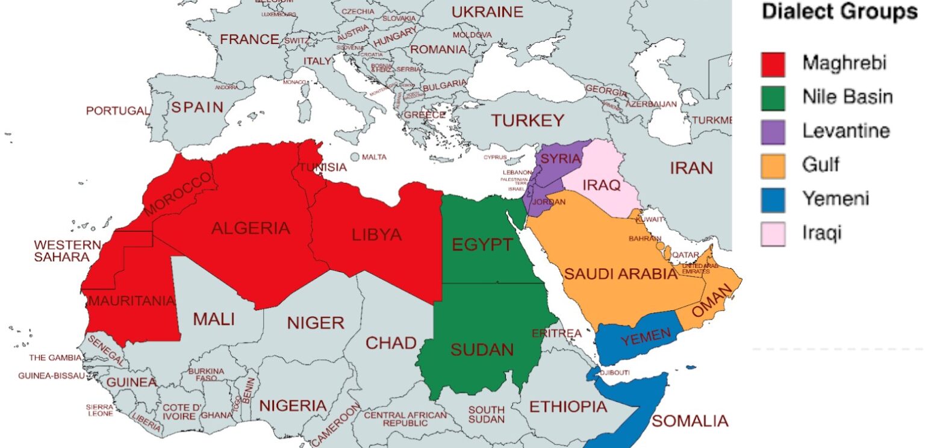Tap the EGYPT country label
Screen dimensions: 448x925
[482, 245]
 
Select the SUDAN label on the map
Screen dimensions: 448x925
[482, 350]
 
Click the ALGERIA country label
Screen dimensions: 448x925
[251, 229]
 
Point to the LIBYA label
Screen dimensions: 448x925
[377, 234]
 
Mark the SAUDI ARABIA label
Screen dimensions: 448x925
[621, 275]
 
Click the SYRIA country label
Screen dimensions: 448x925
[561, 159]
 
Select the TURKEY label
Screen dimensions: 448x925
[528, 120]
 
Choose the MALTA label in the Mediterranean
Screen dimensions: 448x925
[374, 157]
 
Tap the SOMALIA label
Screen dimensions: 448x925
[690, 421]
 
